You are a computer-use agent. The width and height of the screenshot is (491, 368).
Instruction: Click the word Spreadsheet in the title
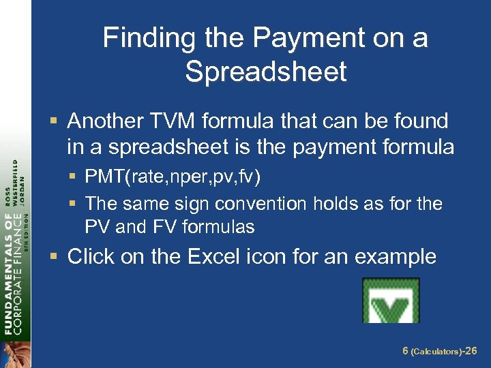tap(266, 71)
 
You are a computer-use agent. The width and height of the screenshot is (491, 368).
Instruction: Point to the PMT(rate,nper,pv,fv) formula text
tap(173, 177)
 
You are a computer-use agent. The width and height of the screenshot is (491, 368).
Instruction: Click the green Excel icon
tap(391, 300)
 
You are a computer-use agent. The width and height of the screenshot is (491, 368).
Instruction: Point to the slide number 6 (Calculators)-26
tap(440, 351)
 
